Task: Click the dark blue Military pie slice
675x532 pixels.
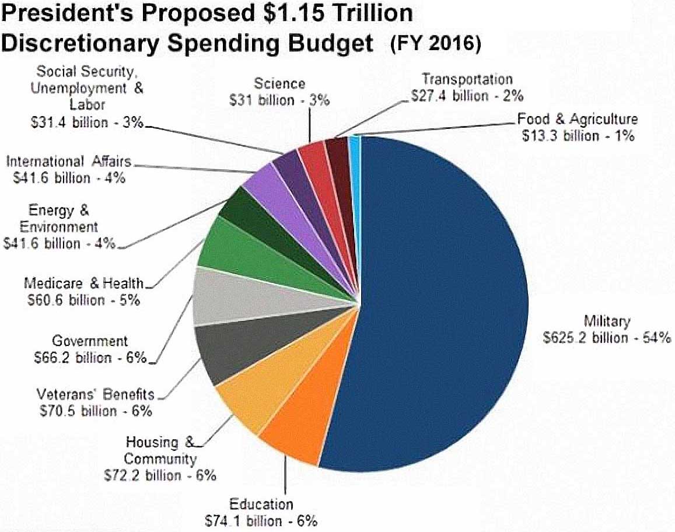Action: [x=443, y=303]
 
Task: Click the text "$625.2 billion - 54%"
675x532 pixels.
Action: [x=607, y=338]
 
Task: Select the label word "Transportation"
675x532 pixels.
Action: [x=467, y=79]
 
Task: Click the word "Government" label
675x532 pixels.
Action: [x=90, y=341]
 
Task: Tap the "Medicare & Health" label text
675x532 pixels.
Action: [x=83, y=283]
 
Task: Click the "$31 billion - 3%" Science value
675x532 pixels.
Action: [x=279, y=100]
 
